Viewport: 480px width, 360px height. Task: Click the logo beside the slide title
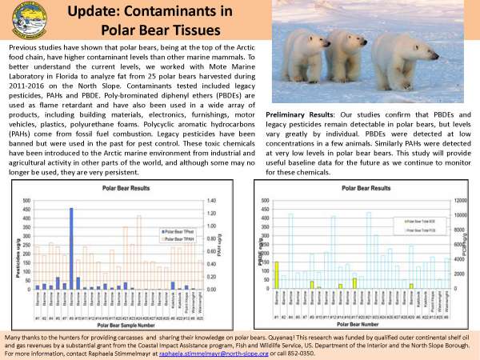click(25, 19)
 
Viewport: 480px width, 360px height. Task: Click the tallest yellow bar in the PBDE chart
click(277, 274)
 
